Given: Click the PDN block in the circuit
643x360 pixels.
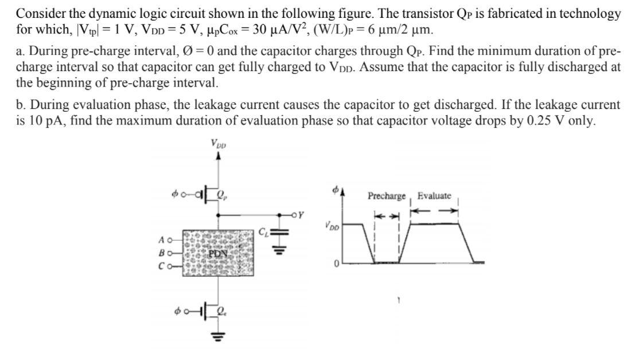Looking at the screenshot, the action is pos(218,252).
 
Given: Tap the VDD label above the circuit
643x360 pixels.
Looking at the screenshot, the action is pos(218,143).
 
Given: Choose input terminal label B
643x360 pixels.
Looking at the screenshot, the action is pos(162,252).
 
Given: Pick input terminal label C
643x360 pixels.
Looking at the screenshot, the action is pos(162,267).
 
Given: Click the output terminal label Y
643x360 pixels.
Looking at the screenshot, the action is pos(300,216).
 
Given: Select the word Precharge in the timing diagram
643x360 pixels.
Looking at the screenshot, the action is pos(387,196).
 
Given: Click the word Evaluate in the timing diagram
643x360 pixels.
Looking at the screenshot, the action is pos(434,196).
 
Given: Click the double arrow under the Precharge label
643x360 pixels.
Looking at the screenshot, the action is pos(386,216).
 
